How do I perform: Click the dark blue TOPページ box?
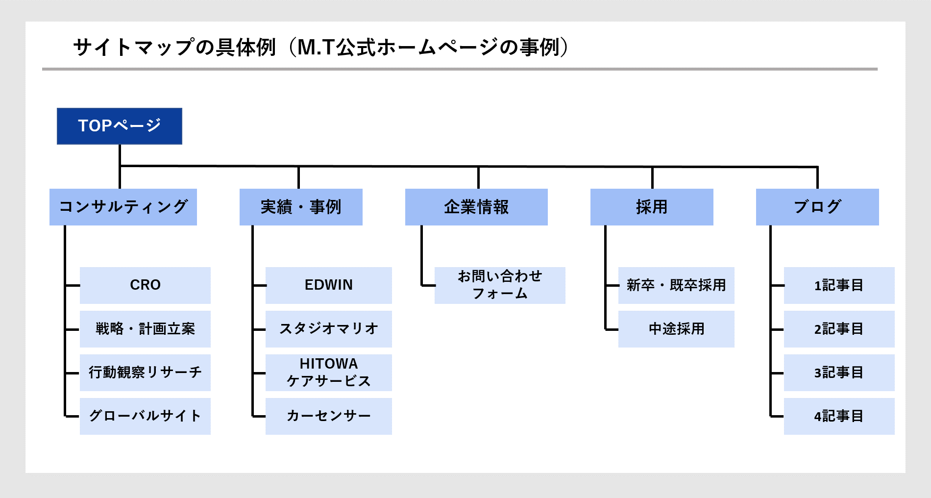120,126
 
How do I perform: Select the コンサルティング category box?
123,207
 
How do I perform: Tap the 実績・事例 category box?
301,207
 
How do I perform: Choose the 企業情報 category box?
476,207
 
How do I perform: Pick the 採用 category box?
652,207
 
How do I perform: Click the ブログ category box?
817,207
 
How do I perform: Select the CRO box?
145,285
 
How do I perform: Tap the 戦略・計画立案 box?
145,329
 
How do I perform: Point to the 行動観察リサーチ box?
145,373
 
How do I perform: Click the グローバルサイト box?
145,416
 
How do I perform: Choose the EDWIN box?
329,285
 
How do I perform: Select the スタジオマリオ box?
329,329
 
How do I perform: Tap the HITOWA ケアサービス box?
329,373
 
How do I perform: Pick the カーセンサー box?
329,416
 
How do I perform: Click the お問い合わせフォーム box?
500,285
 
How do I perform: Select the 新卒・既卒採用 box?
676,285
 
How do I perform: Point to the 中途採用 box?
676,329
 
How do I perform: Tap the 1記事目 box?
839,285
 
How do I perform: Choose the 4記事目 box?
839,416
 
